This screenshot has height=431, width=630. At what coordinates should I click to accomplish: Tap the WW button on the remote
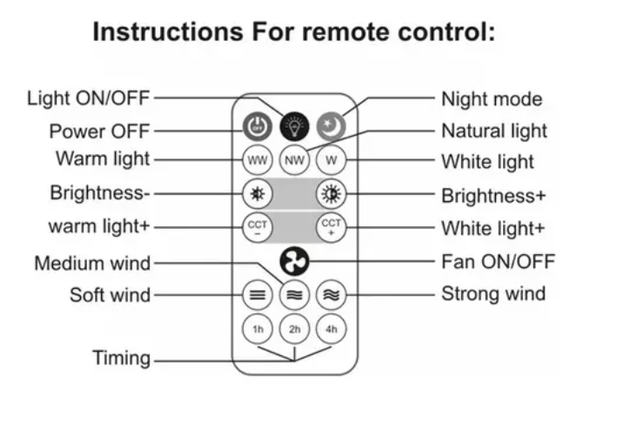[258, 160]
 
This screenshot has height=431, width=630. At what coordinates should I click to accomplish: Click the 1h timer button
[258, 329]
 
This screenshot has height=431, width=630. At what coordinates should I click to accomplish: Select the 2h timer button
[294, 329]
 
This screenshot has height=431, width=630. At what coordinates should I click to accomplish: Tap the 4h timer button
[331, 329]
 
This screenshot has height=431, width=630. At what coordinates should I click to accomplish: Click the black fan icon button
[294, 261]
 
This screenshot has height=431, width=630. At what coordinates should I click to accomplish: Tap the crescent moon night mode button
[331, 127]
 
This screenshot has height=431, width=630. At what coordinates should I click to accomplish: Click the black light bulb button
[294, 127]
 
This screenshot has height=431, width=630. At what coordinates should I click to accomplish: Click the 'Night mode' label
[491, 99]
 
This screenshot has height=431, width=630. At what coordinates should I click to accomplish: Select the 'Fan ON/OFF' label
[498, 261]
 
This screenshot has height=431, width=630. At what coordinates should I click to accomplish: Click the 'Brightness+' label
[493, 195]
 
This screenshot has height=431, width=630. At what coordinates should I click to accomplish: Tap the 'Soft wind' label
[110, 294]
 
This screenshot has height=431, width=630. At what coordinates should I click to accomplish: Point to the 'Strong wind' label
[493, 293]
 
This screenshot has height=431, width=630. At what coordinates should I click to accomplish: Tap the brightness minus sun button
[258, 193]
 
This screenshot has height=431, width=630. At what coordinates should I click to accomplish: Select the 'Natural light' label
[494, 131]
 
